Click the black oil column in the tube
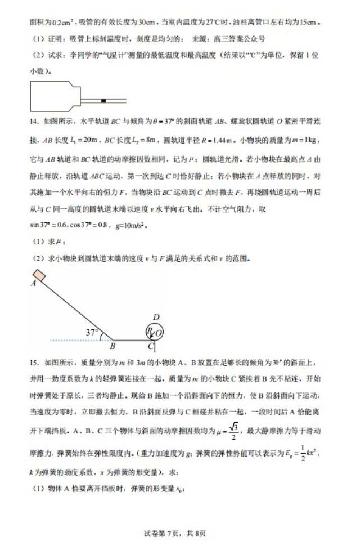pyautogui.click(x=103, y=101)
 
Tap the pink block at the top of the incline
pyautogui.click(x=39, y=275)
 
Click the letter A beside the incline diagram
pyautogui.click(x=33, y=284)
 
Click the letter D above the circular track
pyautogui.click(x=156, y=317)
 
